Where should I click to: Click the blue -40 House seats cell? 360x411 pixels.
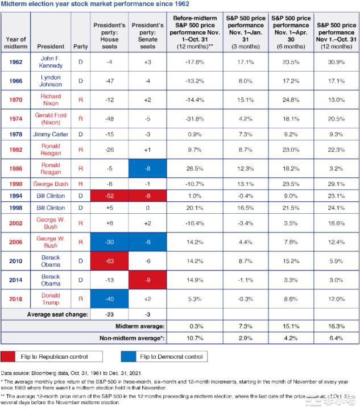coord(109,299)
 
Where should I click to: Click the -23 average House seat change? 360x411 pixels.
coord(109,314)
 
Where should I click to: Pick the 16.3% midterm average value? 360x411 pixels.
coord(336,326)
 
